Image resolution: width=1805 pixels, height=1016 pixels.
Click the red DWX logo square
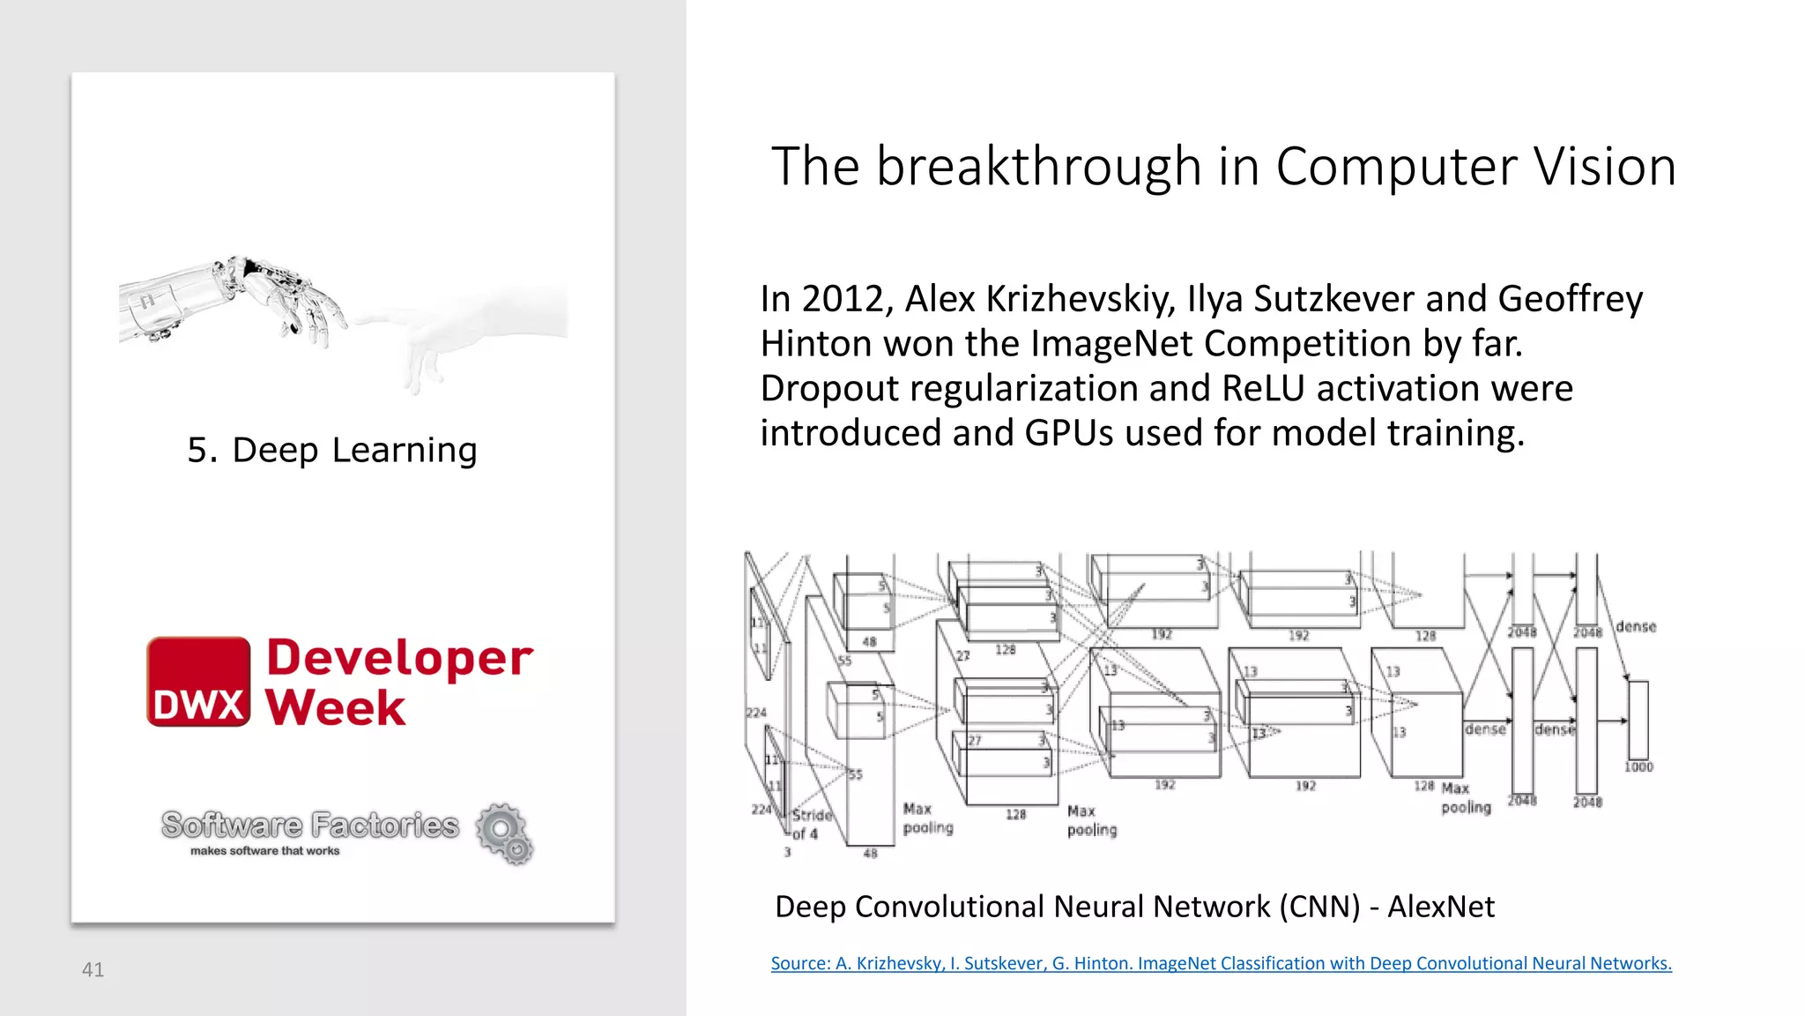198,682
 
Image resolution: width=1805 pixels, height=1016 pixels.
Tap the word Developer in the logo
399,658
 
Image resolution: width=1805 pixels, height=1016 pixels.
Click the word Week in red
335,707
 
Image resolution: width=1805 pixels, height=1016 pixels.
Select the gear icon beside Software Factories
505,833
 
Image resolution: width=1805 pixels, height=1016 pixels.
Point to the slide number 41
93,969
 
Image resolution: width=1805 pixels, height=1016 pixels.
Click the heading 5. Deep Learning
332,450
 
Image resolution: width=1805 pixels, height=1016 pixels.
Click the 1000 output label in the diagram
1638,766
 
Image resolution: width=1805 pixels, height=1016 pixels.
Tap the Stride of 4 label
810,824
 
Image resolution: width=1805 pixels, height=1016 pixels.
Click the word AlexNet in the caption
1441,907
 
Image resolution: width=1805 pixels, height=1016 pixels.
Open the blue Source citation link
1221,963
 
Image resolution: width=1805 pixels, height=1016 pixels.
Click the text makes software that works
264,851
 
